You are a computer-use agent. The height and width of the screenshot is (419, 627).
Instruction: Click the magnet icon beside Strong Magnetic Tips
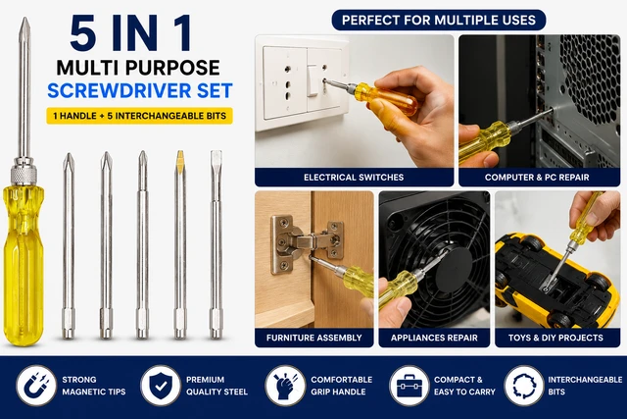(x=36, y=386)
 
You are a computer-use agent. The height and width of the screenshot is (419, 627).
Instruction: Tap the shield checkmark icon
(x=161, y=386)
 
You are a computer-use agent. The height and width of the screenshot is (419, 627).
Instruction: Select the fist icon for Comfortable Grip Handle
(x=285, y=386)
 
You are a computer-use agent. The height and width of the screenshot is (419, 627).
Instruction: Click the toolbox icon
(x=410, y=386)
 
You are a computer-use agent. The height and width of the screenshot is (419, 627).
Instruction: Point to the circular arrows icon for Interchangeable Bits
(x=524, y=386)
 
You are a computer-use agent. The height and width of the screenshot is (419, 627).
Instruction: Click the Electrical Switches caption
(x=354, y=177)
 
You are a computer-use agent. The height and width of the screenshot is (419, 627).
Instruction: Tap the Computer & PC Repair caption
(x=537, y=177)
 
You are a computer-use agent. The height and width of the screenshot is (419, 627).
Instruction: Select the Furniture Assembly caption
(x=313, y=338)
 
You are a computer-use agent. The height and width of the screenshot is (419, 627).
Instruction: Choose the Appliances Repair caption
(x=434, y=338)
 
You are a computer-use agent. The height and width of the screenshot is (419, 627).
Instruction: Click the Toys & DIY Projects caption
(x=555, y=338)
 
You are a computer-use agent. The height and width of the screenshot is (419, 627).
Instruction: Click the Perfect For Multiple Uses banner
(x=439, y=20)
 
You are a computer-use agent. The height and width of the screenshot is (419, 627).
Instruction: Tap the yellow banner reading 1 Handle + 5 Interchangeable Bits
(x=139, y=116)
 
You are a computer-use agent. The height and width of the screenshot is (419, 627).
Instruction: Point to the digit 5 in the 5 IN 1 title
(x=82, y=32)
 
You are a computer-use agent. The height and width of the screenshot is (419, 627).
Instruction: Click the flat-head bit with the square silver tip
(x=216, y=244)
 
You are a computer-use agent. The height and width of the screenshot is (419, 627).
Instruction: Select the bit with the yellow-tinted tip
(x=180, y=244)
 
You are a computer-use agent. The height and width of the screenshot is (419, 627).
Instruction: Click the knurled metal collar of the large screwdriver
(x=24, y=174)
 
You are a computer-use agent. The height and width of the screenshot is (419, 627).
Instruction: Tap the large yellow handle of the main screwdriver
(x=24, y=264)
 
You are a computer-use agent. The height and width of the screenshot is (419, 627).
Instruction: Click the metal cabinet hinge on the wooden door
(x=306, y=244)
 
